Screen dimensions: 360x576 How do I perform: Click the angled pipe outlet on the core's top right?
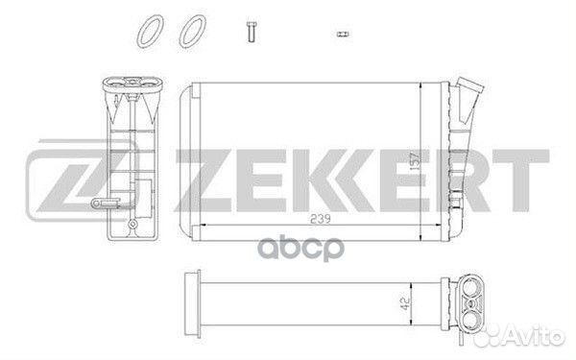[x=470, y=94]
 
